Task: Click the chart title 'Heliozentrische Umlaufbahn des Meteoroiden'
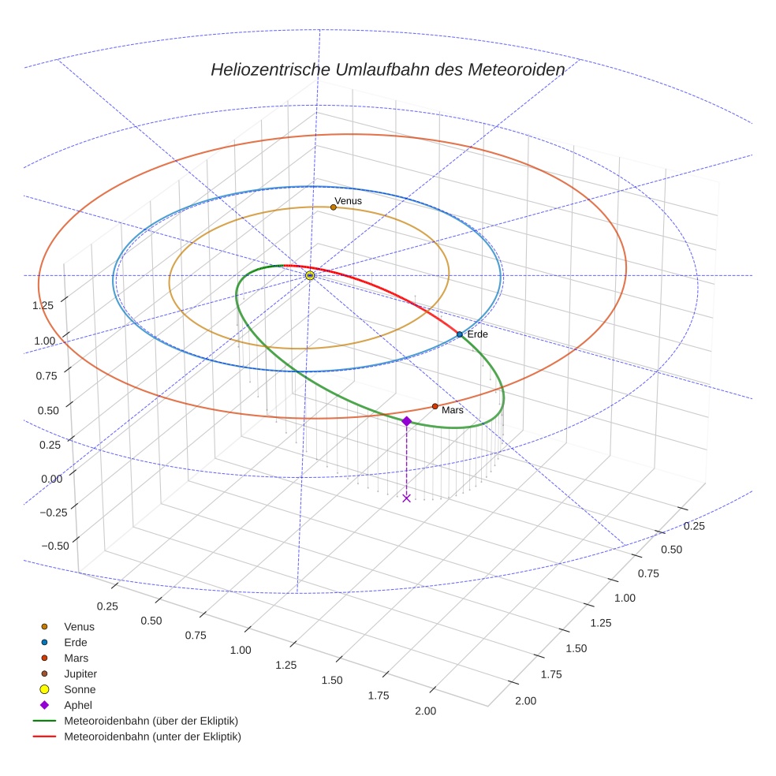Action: [x=387, y=69]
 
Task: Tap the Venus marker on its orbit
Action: [x=334, y=207]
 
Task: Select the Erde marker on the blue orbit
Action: [x=460, y=334]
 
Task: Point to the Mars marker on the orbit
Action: [x=435, y=406]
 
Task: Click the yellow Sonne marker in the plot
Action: [x=310, y=275]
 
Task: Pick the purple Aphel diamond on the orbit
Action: [x=406, y=422]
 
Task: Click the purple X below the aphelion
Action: [x=406, y=498]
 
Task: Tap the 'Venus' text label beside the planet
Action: [x=348, y=201]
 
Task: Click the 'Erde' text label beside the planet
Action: [x=478, y=334]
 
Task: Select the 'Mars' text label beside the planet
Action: [x=453, y=410]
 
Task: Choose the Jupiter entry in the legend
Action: [x=80, y=673]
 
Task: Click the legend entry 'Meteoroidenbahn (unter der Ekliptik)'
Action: [x=152, y=737]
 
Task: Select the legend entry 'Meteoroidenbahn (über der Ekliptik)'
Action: [x=151, y=721]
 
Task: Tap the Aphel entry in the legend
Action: [x=77, y=705]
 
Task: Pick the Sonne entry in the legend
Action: [x=80, y=689]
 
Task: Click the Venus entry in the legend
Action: [x=79, y=626]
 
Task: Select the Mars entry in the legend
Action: [x=76, y=658]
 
